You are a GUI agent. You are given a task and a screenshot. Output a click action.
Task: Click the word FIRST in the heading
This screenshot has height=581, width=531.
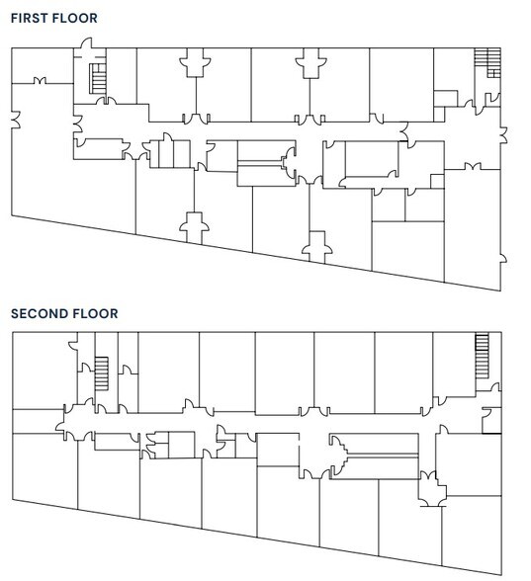point(30,18)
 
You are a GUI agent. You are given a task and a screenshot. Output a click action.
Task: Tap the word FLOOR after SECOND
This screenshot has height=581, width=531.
point(96,314)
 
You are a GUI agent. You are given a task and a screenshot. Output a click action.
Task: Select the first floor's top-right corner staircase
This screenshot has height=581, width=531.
point(488,62)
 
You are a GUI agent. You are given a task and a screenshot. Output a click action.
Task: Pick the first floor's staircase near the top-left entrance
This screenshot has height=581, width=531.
point(98,79)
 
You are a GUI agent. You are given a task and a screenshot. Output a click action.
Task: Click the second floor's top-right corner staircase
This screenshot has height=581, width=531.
point(483,356)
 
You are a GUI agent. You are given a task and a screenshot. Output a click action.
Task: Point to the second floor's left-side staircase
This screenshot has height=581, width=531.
point(102,373)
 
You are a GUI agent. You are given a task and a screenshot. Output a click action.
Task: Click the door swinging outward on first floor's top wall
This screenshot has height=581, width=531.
point(86,43)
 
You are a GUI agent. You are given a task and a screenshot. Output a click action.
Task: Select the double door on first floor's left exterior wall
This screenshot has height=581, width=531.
point(16,120)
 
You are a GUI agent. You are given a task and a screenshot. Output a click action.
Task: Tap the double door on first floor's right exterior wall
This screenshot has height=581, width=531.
point(503,134)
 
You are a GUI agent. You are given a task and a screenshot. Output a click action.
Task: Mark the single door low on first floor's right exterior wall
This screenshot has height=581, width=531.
point(503,259)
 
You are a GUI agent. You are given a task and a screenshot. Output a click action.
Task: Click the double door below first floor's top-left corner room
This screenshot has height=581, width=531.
point(40,80)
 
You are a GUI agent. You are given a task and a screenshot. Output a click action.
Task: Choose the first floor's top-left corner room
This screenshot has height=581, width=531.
point(43,65)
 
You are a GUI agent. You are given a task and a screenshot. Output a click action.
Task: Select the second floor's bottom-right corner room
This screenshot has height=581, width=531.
point(472,534)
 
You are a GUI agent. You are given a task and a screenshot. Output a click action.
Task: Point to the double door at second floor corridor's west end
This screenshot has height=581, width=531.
point(60,423)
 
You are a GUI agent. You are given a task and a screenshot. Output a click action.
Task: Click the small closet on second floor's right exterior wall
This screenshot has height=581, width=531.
point(491,421)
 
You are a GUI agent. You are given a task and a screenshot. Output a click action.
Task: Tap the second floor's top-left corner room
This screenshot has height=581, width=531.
point(44,371)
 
